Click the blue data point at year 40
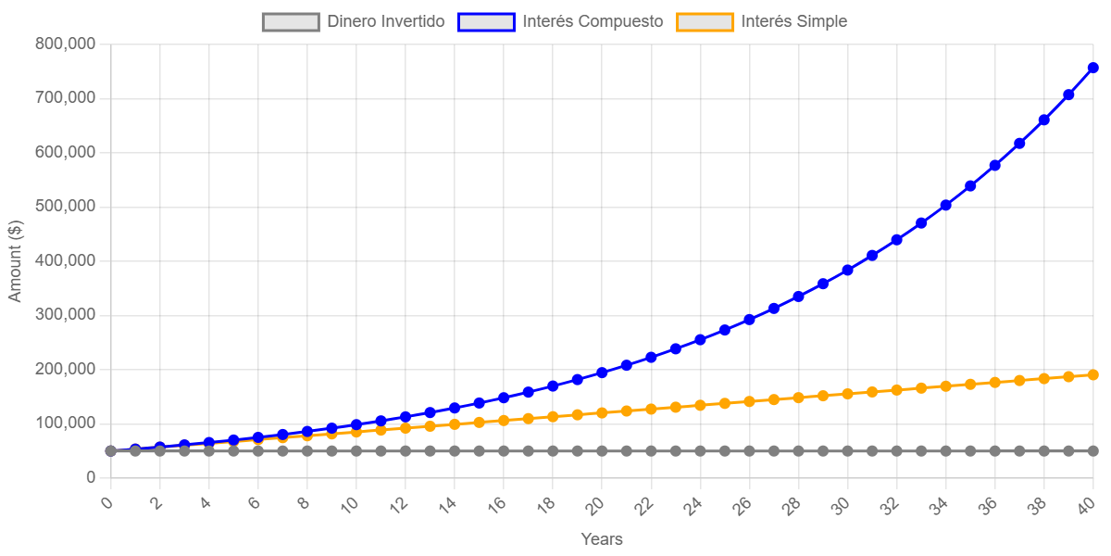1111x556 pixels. (x=1092, y=68)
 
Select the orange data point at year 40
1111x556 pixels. (x=1092, y=374)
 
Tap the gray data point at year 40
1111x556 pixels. (x=1092, y=451)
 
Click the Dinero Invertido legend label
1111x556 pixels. (x=386, y=21)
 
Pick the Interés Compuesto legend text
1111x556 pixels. (x=593, y=21)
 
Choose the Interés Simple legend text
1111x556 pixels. (x=793, y=21)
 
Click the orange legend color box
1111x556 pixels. (x=705, y=21)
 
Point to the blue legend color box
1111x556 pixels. (x=486, y=21)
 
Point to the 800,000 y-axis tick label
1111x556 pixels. (x=65, y=44)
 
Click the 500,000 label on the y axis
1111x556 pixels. (x=65, y=206)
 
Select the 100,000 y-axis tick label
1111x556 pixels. (x=65, y=423)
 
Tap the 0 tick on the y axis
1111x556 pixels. (x=90, y=477)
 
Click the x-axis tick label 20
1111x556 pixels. (x=596, y=505)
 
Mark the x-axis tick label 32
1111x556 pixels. (x=891, y=505)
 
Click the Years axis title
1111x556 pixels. (x=601, y=539)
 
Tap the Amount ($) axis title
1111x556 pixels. (x=15, y=260)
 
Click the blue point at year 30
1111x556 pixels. (x=847, y=270)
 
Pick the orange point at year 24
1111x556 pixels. (x=700, y=405)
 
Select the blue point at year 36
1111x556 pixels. (x=994, y=165)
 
